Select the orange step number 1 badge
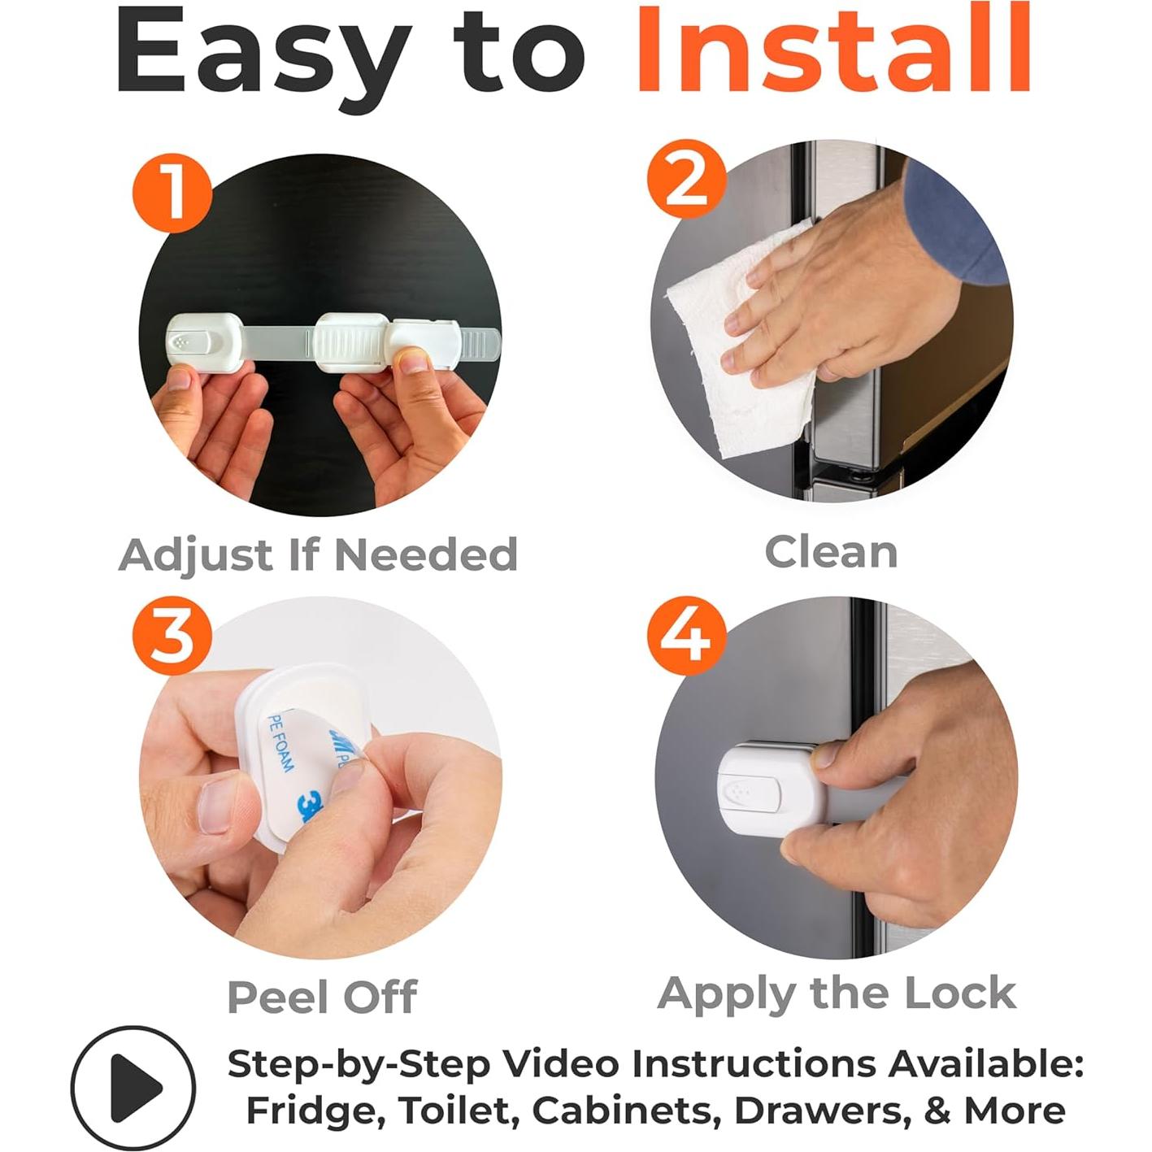pyautogui.click(x=172, y=193)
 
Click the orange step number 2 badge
pyautogui.click(x=687, y=179)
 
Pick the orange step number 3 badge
pyautogui.click(x=172, y=636)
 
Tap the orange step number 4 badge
pyautogui.click(x=687, y=636)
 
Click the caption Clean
pyautogui.click(x=831, y=552)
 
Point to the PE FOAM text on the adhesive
pyautogui.click(x=281, y=742)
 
